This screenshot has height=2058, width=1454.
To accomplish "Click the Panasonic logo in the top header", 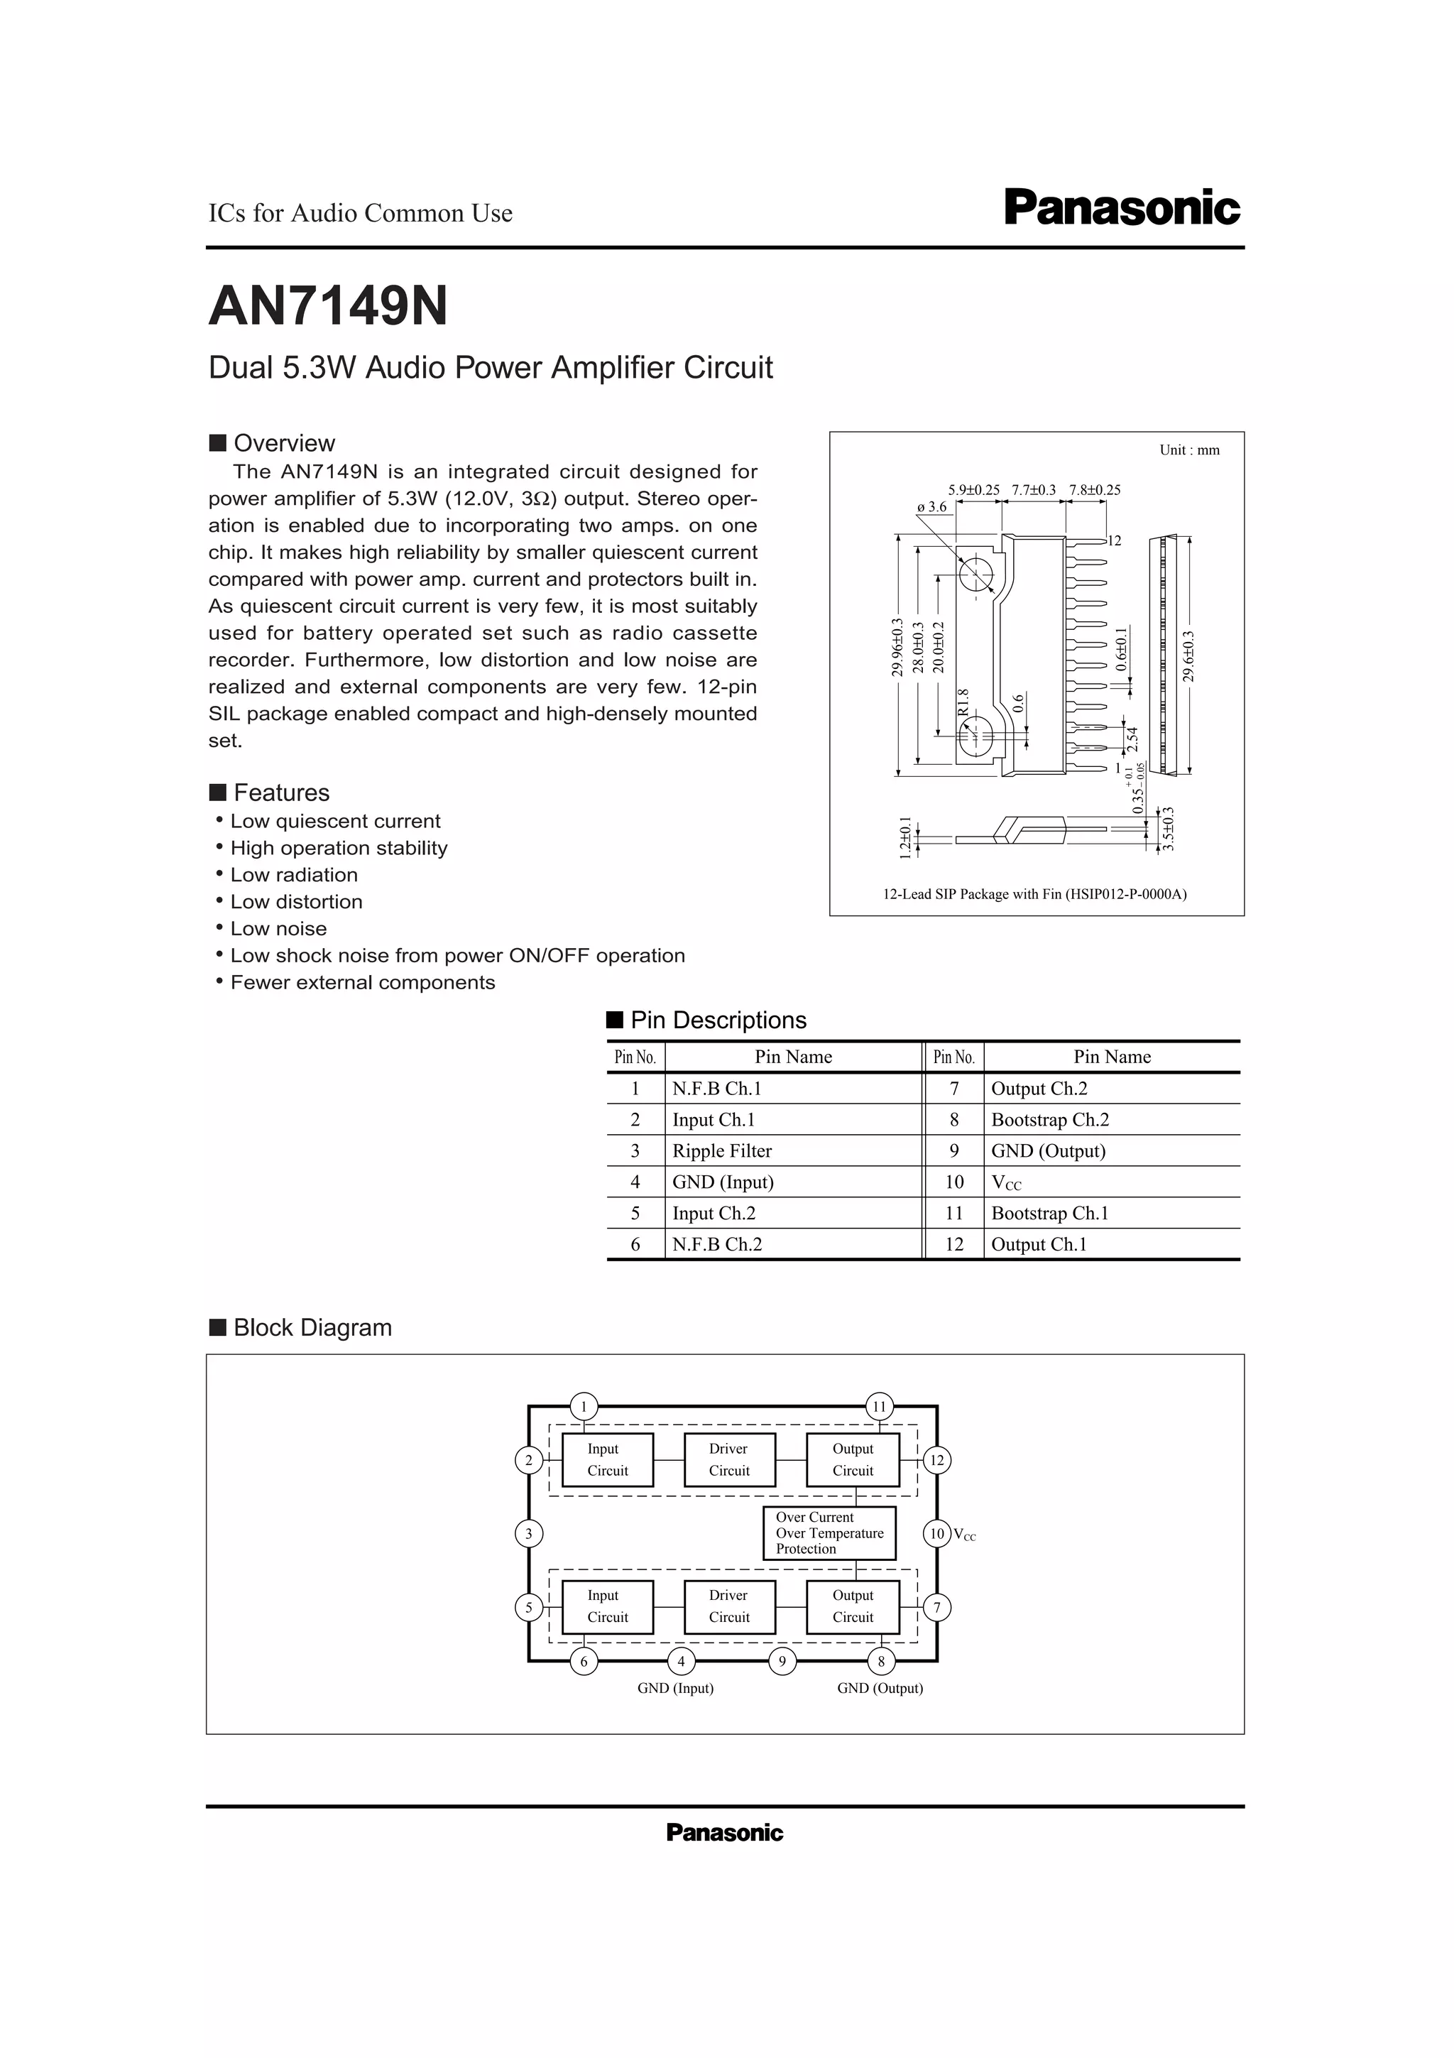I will click(x=1122, y=208).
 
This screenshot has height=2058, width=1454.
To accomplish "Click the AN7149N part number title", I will click(x=328, y=307).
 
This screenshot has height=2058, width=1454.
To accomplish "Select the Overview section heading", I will click(x=283, y=443).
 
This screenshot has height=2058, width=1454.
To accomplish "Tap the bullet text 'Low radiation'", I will click(x=294, y=875).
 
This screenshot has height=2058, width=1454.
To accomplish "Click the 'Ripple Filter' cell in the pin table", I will click(x=722, y=1151).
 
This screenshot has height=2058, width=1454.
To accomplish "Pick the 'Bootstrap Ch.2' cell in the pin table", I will click(x=1050, y=1119).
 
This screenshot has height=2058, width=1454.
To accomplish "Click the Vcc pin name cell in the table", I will click(x=1006, y=1182).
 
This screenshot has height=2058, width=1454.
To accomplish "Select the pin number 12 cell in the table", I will click(x=954, y=1244).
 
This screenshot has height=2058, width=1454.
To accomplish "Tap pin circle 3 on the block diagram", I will click(x=528, y=1534).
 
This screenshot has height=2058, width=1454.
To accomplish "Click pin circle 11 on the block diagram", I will click(x=879, y=1406).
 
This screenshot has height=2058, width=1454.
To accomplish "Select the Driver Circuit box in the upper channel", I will click(x=728, y=1459).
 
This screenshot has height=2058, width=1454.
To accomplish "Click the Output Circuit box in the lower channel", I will click(x=852, y=1606).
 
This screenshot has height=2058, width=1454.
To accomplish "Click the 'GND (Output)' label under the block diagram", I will click(x=880, y=1689).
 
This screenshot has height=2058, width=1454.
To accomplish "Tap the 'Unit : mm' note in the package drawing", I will click(x=1188, y=450).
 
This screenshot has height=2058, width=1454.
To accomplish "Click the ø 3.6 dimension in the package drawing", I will click(x=931, y=506).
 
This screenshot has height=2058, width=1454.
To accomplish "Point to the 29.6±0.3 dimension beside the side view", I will click(x=1188, y=656).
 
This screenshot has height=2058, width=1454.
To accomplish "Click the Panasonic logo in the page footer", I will click(x=724, y=1833).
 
